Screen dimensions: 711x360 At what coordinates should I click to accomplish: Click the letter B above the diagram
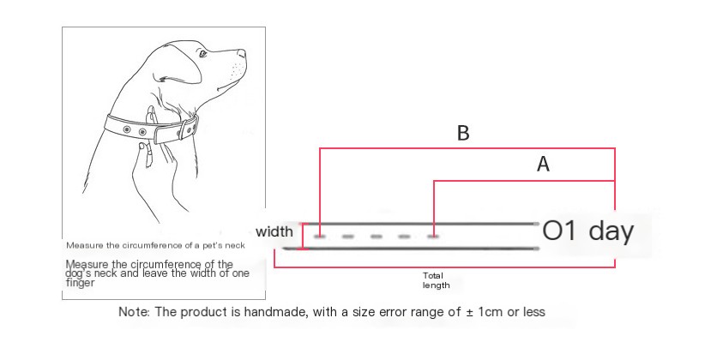(x=463, y=133)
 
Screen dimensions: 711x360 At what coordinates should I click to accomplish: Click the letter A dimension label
(x=543, y=164)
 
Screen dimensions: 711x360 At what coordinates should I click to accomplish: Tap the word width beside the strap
(x=274, y=231)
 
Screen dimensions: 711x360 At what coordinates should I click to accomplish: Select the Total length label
(x=436, y=280)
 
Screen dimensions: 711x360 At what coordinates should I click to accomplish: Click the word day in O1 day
(x=611, y=231)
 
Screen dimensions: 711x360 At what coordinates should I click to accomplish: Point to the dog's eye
(x=202, y=53)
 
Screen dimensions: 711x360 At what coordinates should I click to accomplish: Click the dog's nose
(x=242, y=53)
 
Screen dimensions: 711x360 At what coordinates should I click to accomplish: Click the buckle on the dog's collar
(x=187, y=129)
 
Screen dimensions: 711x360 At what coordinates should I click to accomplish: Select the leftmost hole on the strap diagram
(x=320, y=237)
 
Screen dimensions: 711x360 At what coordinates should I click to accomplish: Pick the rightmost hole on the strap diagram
(x=433, y=237)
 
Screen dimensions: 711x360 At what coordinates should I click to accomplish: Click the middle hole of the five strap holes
(x=377, y=237)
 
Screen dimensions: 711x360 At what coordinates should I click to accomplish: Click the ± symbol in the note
(x=470, y=312)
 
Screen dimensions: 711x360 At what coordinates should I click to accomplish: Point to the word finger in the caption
(x=81, y=283)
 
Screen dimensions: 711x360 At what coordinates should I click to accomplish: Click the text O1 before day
(x=559, y=231)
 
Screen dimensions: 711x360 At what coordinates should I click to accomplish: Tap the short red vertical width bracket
(x=303, y=237)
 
